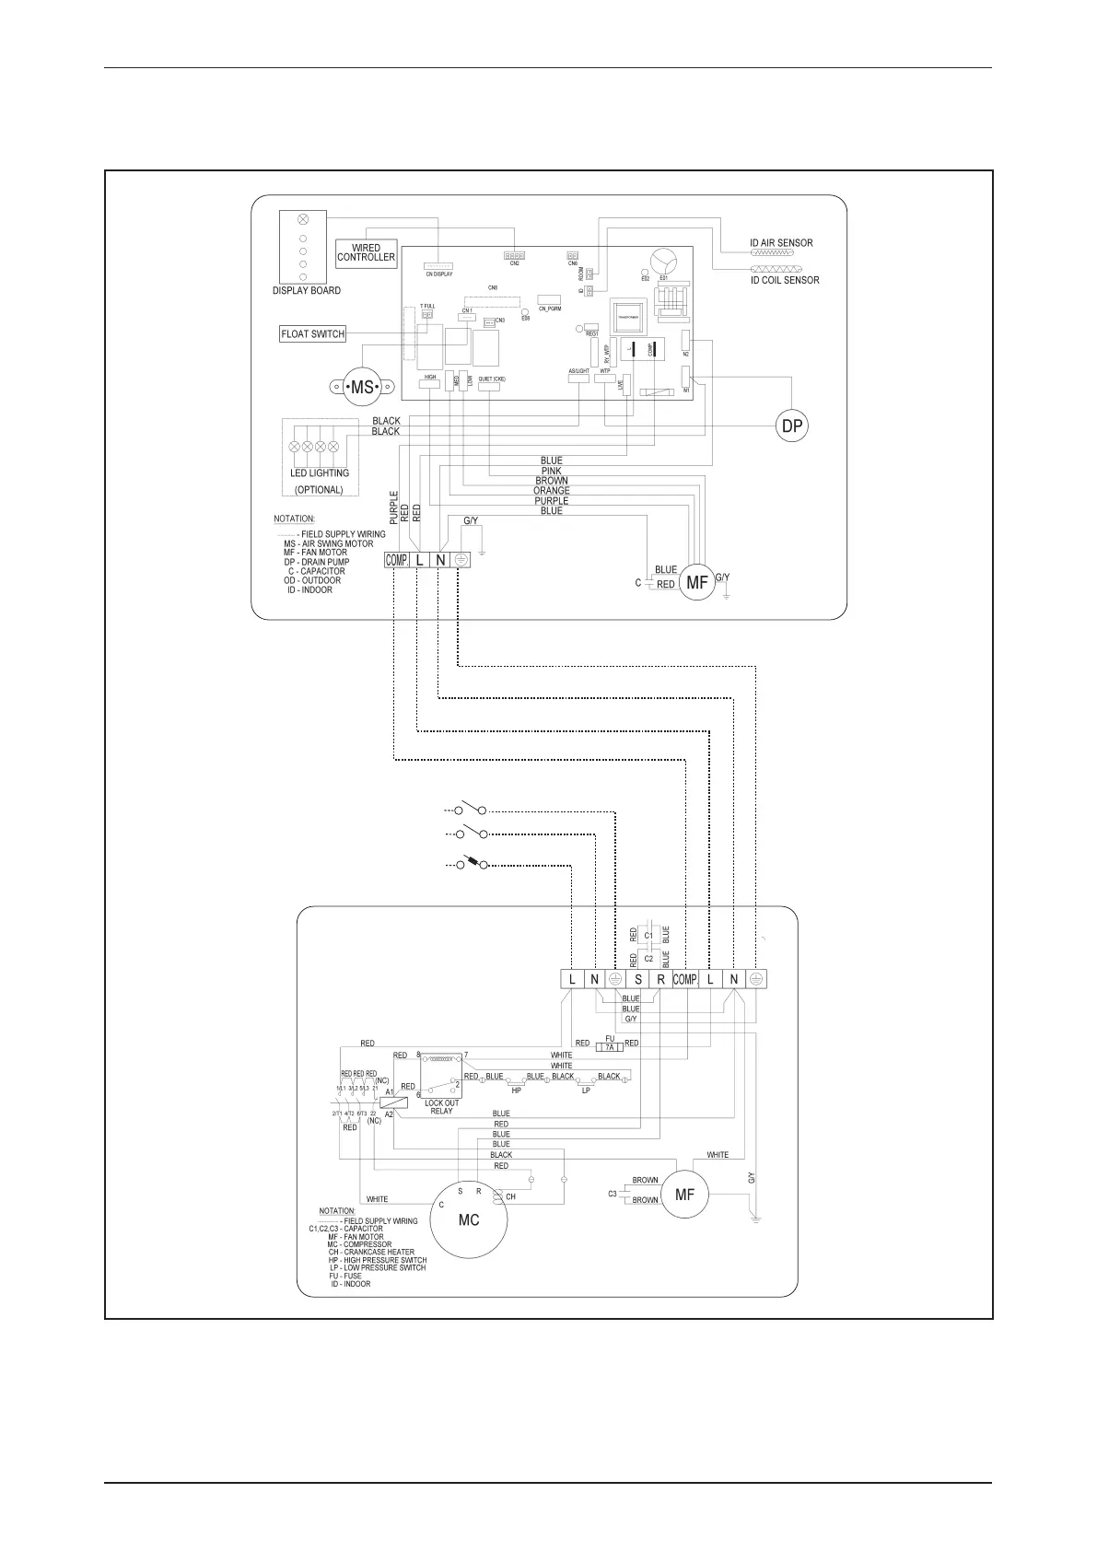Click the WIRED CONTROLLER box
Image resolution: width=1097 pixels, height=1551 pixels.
coord(366,253)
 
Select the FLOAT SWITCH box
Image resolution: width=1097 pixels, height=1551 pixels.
coord(313,334)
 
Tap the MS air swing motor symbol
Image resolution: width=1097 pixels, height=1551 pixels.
coord(362,388)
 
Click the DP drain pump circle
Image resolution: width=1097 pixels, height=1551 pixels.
coord(791,426)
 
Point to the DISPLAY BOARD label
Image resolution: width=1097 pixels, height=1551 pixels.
coord(307,291)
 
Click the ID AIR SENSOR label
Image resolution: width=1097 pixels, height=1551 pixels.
coord(781,243)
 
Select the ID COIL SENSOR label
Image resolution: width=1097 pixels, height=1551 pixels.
coord(785,280)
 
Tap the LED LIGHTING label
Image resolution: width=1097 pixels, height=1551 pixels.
coord(320,473)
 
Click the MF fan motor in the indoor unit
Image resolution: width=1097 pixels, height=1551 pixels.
coord(697,582)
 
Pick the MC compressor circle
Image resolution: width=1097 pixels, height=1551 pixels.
coord(469,1220)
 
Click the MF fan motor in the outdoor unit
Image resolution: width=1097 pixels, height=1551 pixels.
coord(684,1195)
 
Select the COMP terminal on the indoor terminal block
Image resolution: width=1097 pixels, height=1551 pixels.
coord(397,560)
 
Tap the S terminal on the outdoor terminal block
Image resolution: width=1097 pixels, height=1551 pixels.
coord(638,979)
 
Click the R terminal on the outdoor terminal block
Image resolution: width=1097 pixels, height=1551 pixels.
coord(661,979)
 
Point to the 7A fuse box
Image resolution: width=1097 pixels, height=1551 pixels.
coord(609,1047)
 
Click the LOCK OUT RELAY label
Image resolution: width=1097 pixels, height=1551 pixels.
coord(441,1107)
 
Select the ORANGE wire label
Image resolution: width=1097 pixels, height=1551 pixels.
coord(551,491)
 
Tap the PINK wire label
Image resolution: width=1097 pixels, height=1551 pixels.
coord(551,471)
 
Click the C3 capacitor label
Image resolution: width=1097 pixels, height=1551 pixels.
coord(613,1195)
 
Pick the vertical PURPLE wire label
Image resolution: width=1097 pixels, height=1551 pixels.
coord(394,507)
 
